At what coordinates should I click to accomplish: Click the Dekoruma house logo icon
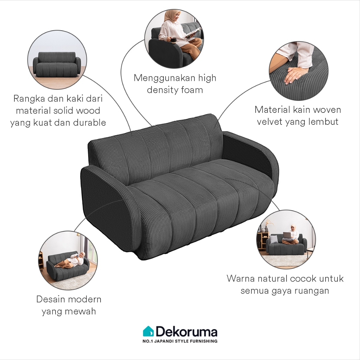[148, 331]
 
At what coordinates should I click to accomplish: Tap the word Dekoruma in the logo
[187, 332]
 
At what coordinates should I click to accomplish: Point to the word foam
[192, 90]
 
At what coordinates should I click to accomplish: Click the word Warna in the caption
[241, 278]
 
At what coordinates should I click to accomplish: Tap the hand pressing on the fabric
[294, 76]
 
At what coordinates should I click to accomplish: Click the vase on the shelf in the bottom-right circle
[266, 229]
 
